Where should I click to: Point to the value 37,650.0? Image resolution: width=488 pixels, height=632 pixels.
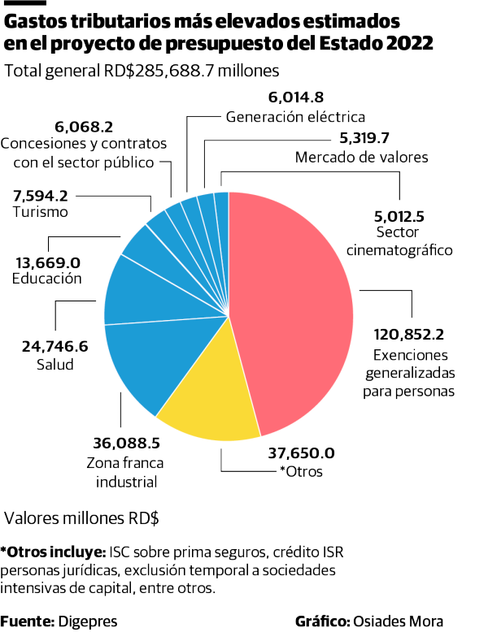pos(301,453)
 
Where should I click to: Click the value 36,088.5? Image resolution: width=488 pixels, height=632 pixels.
pos(126,444)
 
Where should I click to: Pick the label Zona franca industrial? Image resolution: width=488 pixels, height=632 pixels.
pos(126,473)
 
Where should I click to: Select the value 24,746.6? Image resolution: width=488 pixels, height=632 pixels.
pos(55,347)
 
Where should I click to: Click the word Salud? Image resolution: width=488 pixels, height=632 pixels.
pos(55,365)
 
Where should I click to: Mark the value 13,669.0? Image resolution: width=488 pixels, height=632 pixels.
pos(48,262)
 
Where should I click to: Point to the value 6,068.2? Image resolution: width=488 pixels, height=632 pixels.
pos(84,127)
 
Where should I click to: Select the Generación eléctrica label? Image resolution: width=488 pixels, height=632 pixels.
pos(295,116)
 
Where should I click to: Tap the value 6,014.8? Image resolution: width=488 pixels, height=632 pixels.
pos(296,98)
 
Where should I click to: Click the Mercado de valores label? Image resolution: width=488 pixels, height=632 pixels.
pos(361,157)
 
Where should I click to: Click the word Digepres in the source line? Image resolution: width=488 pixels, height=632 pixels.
pos(87,621)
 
